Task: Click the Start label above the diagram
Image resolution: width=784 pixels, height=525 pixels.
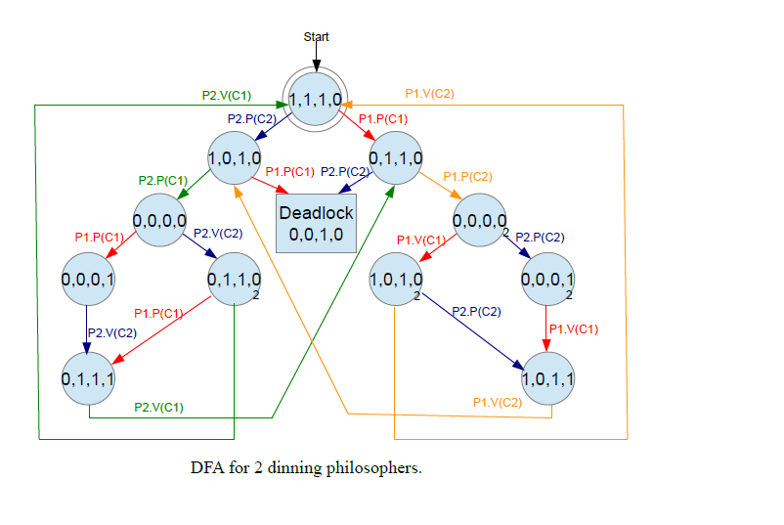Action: pyautogui.click(x=316, y=37)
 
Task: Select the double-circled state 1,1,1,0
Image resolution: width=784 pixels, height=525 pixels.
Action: pyautogui.click(x=315, y=99)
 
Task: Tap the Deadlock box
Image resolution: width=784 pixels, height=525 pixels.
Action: pyautogui.click(x=315, y=224)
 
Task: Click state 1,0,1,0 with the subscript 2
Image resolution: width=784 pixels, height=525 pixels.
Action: pyautogui.click(x=394, y=280)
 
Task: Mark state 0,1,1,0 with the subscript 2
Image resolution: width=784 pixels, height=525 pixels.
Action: pyautogui.click(x=235, y=280)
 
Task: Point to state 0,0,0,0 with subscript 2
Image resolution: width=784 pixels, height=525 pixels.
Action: pyautogui.click(x=480, y=220)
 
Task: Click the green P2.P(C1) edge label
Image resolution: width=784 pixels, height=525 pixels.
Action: pyautogui.click(x=163, y=180)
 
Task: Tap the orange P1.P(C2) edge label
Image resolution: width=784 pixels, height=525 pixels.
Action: pyautogui.click(x=467, y=177)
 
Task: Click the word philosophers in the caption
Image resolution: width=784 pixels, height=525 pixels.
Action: pyautogui.click(x=376, y=468)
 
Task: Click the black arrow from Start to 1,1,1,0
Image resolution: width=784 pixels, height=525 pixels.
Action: pyautogui.click(x=316, y=57)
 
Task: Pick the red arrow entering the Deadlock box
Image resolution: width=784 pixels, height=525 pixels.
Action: pyautogui.click(x=270, y=185)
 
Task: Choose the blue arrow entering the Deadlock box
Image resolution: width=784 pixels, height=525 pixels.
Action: pyautogui.click(x=355, y=185)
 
